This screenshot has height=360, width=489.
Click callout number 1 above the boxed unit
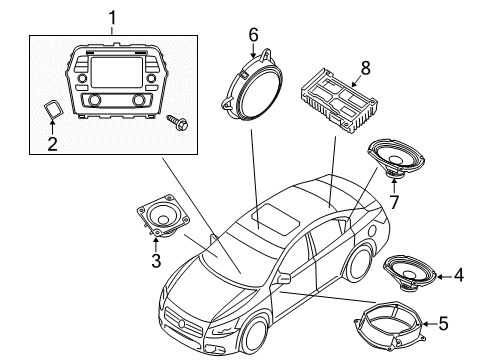point(112,17)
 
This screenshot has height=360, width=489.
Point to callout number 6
point(253,33)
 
